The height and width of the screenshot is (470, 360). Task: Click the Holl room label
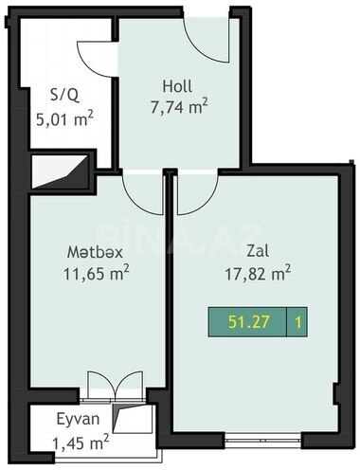(x=177, y=86)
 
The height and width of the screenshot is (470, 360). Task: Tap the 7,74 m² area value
(x=179, y=107)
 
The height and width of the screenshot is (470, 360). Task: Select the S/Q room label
(x=65, y=95)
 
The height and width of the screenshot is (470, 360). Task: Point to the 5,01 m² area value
(x=65, y=118)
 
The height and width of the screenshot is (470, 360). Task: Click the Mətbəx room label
(x=95, y=252)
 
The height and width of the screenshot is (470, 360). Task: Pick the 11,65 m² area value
(x=97, y=273)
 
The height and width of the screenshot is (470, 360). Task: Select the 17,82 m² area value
(x=258, y=273)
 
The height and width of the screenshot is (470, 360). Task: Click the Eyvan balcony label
(x=78, y=420)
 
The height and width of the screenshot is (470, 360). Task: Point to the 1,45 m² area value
(x=81, y=443)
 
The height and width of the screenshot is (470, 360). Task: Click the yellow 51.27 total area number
(x=249, y=322)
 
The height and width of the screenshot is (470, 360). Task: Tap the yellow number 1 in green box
(x=297, y=322)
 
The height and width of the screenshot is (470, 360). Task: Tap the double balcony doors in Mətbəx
(x=116, y=386)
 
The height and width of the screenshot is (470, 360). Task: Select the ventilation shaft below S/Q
(x=60, y=172)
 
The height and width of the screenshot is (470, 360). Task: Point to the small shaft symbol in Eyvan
(x=121, y=419)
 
